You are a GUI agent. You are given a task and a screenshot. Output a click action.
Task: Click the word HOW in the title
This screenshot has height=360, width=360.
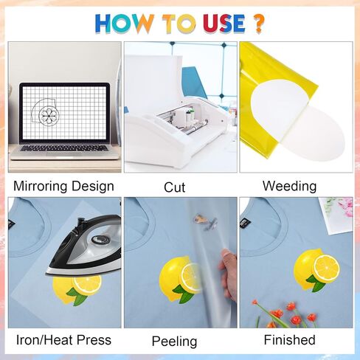click(125, 24)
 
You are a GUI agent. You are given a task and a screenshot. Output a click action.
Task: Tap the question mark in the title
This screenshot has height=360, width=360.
click(258, 24)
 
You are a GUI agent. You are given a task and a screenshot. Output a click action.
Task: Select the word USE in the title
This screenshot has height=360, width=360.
click(224, 24)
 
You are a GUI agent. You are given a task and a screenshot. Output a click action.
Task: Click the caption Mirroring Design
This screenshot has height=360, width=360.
click(63, 186)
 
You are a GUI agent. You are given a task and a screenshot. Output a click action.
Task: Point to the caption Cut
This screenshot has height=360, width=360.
click(174, 187)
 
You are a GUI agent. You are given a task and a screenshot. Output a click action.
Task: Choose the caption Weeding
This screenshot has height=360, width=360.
click(289, 186)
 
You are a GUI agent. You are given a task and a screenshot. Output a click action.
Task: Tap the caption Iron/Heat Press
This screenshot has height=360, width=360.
click(63, 340)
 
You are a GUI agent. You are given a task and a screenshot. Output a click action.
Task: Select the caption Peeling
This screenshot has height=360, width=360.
click(174, 342)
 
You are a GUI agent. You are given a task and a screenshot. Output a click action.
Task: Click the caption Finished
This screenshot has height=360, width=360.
click(289, 340)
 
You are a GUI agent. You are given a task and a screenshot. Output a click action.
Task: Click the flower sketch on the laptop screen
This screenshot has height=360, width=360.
click(49, 115)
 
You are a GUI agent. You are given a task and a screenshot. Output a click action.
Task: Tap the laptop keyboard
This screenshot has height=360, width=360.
click(64, 148)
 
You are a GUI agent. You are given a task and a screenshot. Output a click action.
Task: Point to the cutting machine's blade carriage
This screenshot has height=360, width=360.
click(187, 118)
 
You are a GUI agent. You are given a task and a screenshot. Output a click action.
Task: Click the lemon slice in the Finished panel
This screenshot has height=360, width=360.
click(326, 269)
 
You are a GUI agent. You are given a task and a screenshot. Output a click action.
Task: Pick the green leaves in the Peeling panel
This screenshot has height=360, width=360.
click(183, 293)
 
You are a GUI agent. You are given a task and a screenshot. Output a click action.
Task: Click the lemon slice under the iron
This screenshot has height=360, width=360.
click(87, 285)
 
